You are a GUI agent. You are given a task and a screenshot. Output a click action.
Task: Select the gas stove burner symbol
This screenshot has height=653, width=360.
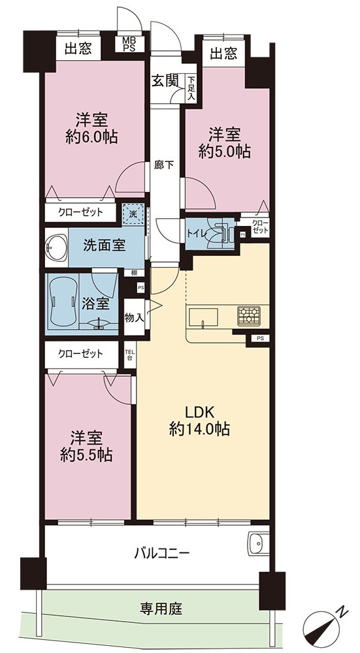click(x=249, y=315)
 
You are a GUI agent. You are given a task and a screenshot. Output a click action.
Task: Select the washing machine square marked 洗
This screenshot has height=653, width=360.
click(x=133, y=214)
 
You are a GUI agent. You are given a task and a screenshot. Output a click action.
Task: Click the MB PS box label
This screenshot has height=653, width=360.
click(x=126, y=43)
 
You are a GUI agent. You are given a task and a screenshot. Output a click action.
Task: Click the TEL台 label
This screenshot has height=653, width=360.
click(x=128, y=354)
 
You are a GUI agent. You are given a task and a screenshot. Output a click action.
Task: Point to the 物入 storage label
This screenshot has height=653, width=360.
click(x=134, y=318)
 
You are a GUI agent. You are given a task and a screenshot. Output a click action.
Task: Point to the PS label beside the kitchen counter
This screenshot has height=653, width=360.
click(x=260, y=338)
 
